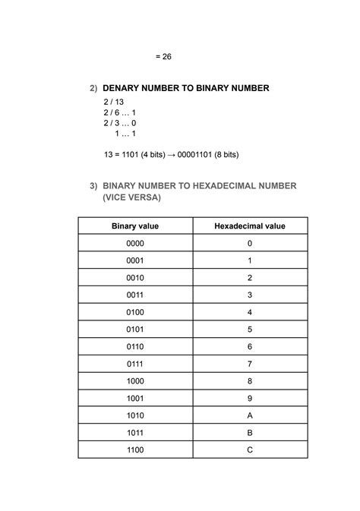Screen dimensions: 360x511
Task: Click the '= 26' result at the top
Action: tap(163, 56)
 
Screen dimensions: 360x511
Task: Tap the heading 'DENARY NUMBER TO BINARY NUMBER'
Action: tap(186, 89)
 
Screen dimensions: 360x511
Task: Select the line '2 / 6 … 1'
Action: tap(120, 112)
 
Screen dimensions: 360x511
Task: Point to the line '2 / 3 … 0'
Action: tap(120, 122)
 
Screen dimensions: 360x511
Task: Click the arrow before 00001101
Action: tap(172, 154)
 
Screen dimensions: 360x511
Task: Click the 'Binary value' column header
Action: tap(135, 226)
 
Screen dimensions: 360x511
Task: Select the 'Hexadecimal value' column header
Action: tap(250, 226)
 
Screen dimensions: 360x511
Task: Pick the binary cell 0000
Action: tap(135, 243)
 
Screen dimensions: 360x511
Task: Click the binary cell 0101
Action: tap(135, 330)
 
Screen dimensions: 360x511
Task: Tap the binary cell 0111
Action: tap(135, 364)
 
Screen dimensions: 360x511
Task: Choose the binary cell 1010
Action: tap(135, 415)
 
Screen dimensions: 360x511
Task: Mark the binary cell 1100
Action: tap(135, 449)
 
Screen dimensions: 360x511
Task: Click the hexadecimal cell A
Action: tap(250, 415)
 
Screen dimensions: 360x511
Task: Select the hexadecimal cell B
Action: tap(250, 433)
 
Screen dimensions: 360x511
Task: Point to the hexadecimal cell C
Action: tap(250, 449)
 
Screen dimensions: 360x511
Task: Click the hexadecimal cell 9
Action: tap(250, 398)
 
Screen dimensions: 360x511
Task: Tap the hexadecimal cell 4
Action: tap(250, 312)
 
